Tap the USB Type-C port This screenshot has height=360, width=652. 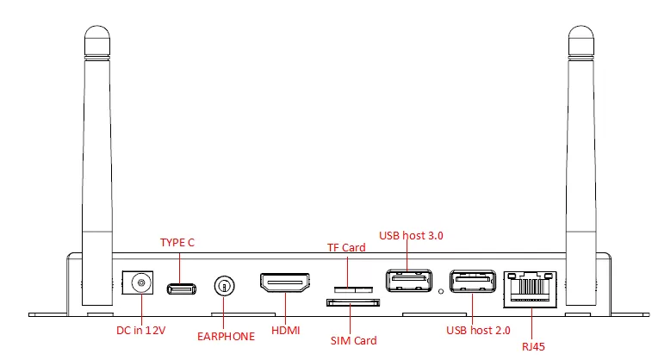[x=180, y=288]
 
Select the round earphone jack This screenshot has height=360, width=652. [x=224, y=285]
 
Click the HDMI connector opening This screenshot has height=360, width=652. [x=284, y=284]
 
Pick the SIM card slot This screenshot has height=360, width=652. [x=353, y=302]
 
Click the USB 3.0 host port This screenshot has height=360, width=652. [x=408, y=282]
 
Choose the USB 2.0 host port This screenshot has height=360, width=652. [x=472, y=282]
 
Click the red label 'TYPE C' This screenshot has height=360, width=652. [x=177, y=243]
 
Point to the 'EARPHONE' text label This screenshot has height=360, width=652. [x=225, y=337]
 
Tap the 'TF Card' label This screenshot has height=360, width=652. [x=345, y=247]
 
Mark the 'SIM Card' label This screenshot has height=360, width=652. [x=354, y=340]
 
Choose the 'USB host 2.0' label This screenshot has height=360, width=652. [x=478, y=330]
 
